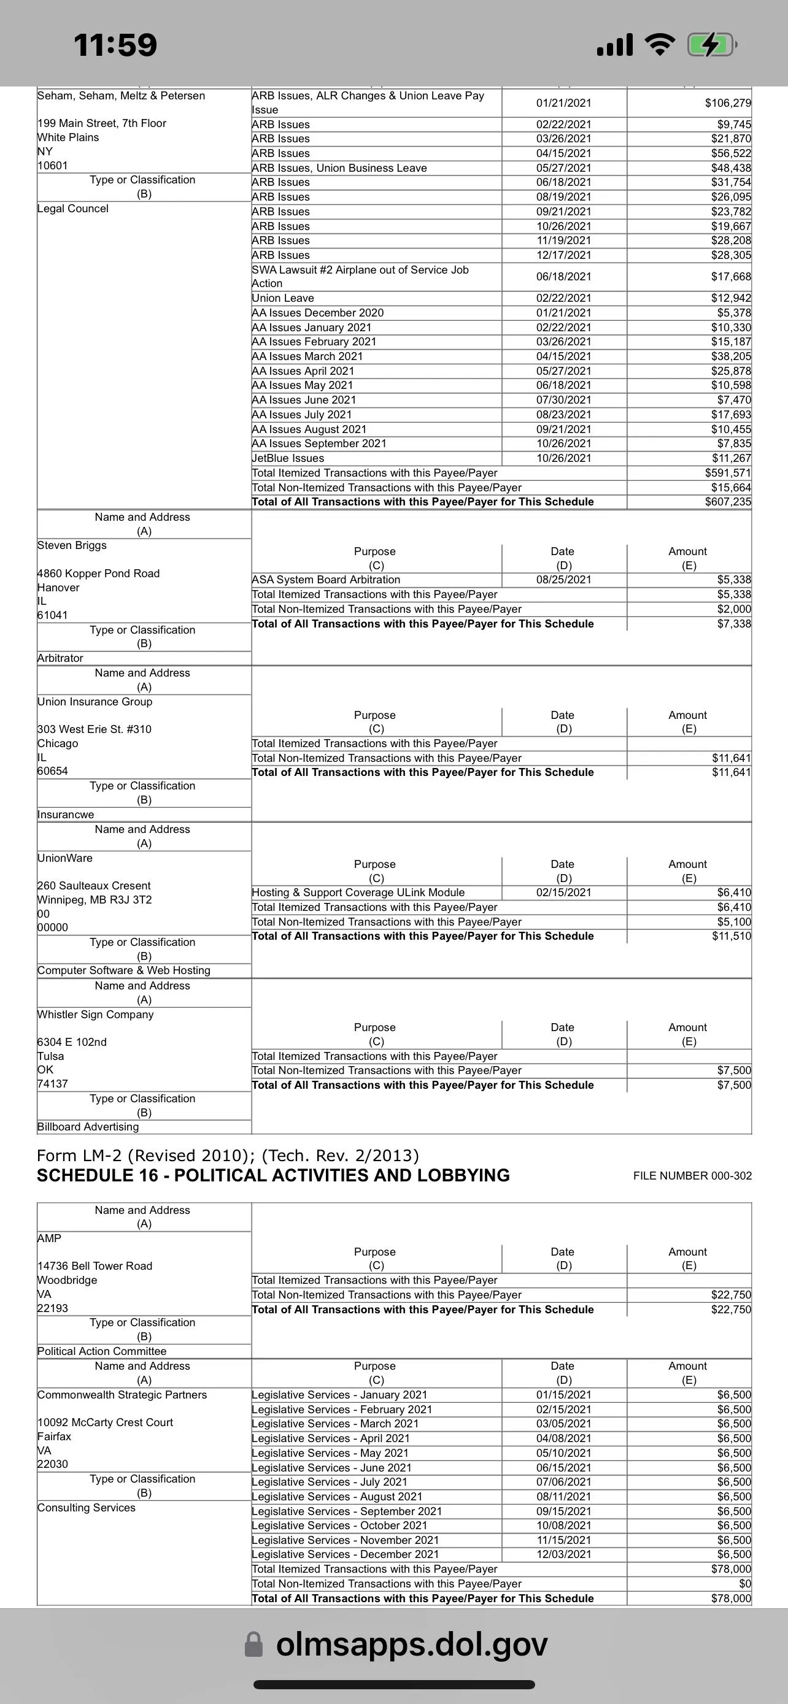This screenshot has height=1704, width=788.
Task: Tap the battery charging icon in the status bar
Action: click(712, 45)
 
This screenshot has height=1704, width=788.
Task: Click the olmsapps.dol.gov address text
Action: click(412, 1644)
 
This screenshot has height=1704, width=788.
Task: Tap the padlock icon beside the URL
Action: click(253, 1645)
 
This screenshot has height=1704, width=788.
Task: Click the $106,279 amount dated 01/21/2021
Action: click(728, 103)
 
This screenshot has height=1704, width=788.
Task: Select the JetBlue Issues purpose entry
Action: click(288, 458)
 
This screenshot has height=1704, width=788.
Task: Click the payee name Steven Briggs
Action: click(72, 546)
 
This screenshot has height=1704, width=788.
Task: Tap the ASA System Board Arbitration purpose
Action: click(325, 580)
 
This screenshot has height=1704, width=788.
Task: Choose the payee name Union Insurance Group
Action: click(95, 702)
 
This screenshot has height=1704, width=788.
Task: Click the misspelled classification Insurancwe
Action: click(66, 815)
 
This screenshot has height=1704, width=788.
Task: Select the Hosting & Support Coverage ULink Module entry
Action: click(358, 893)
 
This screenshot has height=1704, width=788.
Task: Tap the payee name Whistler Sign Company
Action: click(95, 1015)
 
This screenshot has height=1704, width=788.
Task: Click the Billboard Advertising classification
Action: click(88, 1127)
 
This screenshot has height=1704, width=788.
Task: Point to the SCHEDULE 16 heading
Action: click(273, 1175)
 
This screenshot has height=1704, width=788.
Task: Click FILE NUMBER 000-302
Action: click(692, 1176)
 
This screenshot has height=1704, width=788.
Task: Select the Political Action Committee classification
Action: click(102, 1351)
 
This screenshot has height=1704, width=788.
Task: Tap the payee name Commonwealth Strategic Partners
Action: click(122, 1395)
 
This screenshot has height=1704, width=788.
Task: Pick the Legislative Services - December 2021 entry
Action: click(345, 1554)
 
